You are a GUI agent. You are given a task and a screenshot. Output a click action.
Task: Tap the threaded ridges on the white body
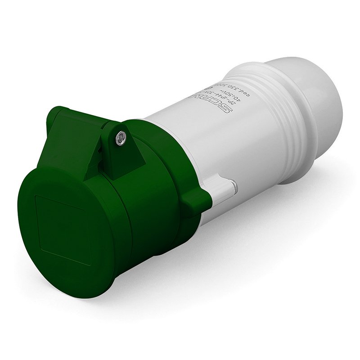point(288,130)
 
